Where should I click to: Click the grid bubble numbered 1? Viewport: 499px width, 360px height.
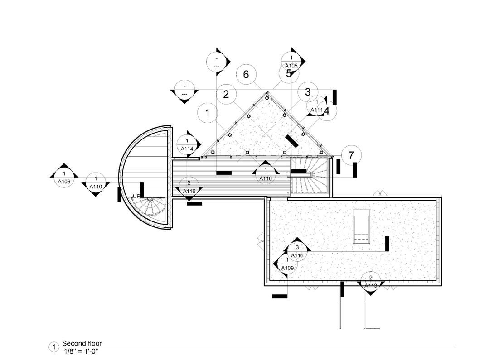click(x=208, y=113)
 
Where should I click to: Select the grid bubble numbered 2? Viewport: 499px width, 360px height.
click(x=226, y=94)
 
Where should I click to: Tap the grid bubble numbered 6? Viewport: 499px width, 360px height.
click(x=246, y=74)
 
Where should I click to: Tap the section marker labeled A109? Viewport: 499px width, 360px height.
click(x=287, y=264)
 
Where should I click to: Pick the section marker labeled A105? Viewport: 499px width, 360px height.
click(x=291, y=61)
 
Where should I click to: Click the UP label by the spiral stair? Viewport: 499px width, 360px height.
click(x=136, y=196)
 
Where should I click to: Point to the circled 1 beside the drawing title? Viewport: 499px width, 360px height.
click(x=53, y=347)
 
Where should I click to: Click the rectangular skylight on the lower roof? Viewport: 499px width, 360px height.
click(x=361, y=226)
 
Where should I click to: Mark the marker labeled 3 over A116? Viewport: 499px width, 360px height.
click(x=297, y=251)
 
